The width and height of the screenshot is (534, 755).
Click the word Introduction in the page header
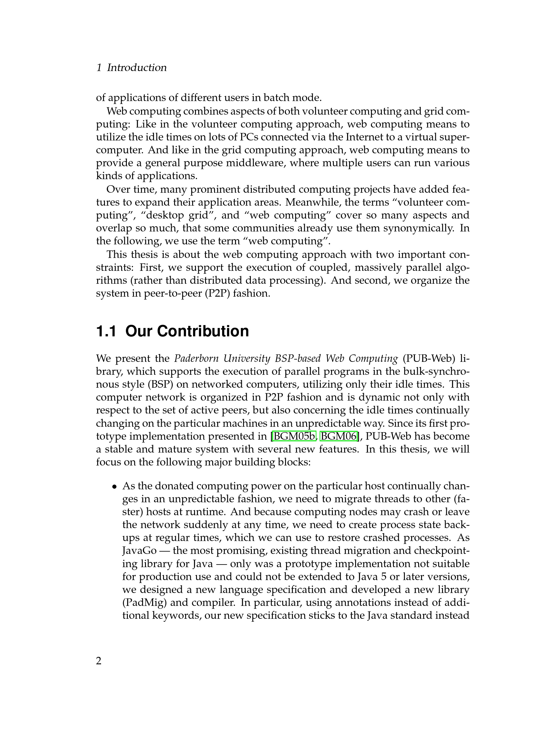point(137,68)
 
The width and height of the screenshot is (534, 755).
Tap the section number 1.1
point(106,331)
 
